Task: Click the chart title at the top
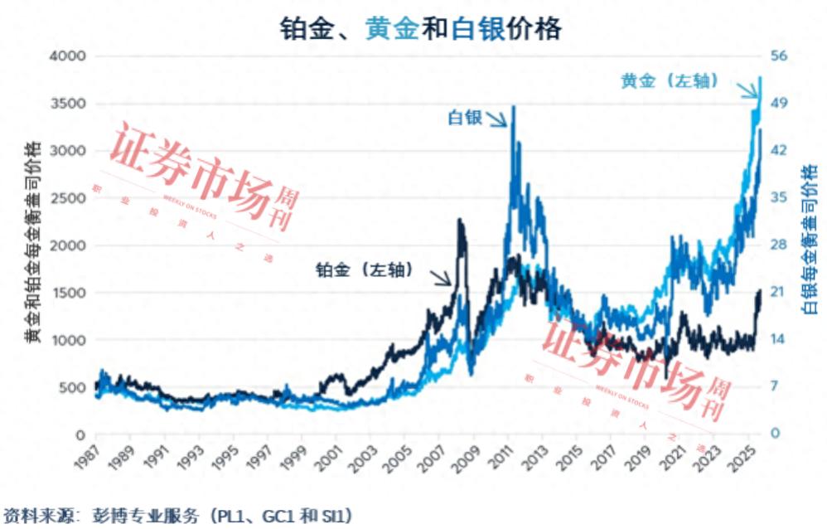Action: pos(419,28)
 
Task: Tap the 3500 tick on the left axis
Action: pos(69,104)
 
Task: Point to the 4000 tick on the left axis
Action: pos(69,57)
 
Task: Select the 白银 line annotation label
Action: pos(465,118)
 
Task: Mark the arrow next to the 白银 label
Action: pos(497,120)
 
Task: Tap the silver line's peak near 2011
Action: pos(515,107)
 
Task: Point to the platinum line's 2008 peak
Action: pos(460,221)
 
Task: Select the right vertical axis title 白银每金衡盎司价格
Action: pos(808,240)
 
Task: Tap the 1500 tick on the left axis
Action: pos(69,294)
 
